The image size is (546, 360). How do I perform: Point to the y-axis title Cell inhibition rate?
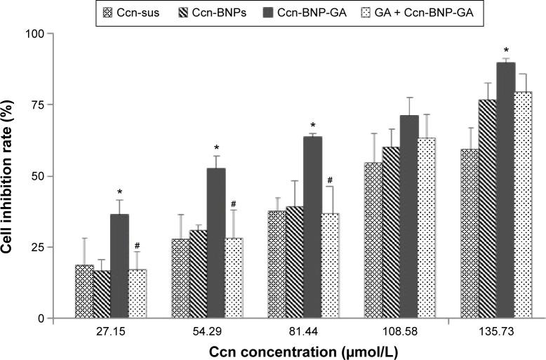tap(11, 175)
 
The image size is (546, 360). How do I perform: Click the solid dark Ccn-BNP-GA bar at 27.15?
tap(120, 266)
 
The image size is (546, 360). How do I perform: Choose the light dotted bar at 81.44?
tap(331, 266)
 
